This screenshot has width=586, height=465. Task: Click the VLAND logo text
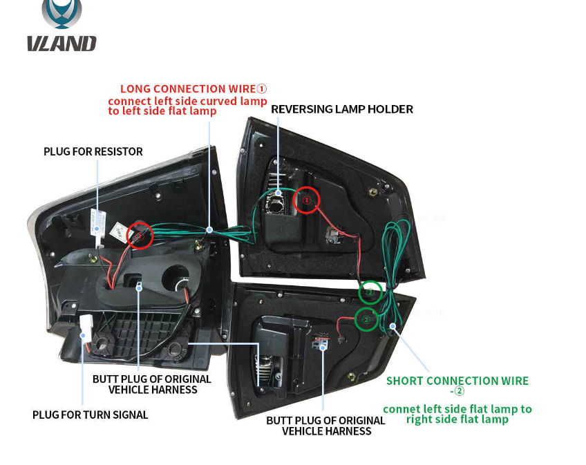click(x=62, y=44)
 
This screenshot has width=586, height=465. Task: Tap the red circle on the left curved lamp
click(x=139, y=236)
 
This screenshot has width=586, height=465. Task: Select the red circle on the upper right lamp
click(x=307, y=200)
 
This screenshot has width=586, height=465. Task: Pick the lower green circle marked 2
click(x=366, y=319)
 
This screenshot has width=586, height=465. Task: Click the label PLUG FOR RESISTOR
click(x=93, y=151)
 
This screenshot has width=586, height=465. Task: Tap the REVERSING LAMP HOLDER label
click(x=341, y=109)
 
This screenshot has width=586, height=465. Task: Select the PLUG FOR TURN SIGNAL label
click(x=90, y=415)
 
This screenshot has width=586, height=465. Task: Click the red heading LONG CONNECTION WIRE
click(x=187, y=88)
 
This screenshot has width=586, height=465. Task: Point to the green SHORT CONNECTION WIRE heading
click(x=457, y=381)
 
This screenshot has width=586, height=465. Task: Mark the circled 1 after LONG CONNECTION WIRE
click(x=261, y=88)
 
